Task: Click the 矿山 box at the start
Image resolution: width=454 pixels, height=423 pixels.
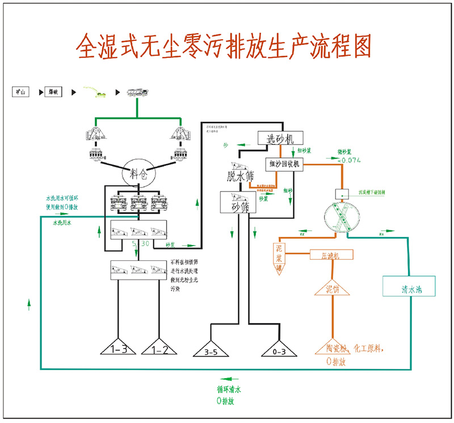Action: [21, 91]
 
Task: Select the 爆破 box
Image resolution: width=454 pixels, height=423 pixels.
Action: [53, 91]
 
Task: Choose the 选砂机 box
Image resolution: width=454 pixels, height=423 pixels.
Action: [281, 138]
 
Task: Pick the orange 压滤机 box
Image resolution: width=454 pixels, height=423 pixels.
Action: [331, 255]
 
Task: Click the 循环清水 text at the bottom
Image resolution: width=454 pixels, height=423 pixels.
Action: [229, 389]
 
